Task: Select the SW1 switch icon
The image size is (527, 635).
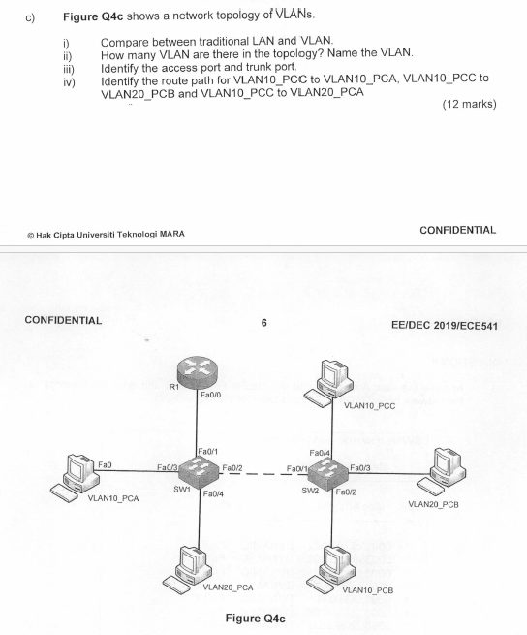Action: pos(198,468)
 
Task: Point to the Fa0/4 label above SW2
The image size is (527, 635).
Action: pos(320,452)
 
